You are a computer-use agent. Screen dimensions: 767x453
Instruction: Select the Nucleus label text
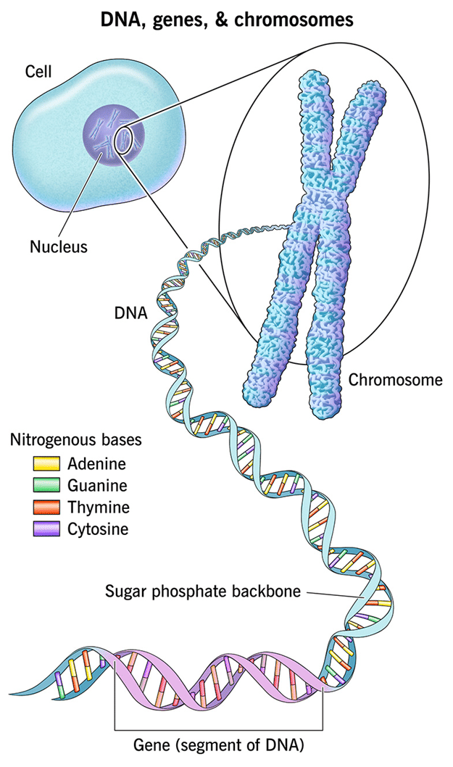point(58,246)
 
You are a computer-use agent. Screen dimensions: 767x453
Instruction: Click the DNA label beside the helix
point(130,314)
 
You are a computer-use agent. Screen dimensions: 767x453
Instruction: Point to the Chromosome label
point(395,379)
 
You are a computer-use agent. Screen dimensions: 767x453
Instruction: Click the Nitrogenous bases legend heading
point(75,439)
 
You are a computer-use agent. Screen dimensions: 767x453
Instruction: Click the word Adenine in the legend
point(96,464)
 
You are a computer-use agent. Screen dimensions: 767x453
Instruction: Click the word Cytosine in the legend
point(98,529)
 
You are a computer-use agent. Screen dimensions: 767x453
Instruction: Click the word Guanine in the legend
point(97,486)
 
